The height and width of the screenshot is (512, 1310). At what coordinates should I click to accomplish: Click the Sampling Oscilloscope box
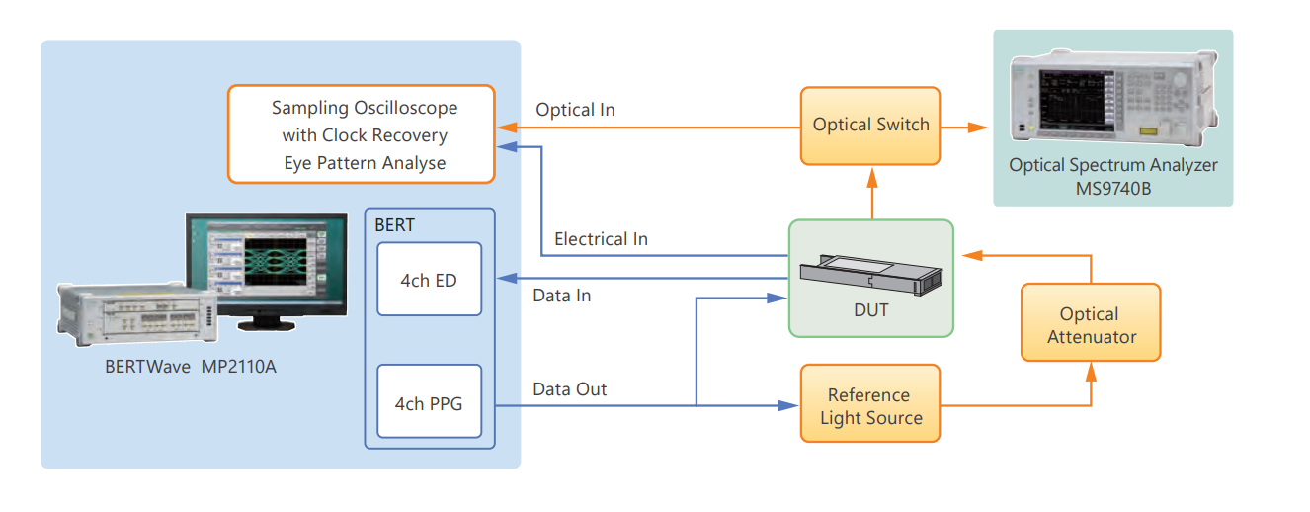(x=361, y=134)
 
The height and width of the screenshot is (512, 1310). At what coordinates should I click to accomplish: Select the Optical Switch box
(x=870, y=126)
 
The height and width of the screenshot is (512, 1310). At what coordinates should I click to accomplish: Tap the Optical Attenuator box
(x=1090, y=323)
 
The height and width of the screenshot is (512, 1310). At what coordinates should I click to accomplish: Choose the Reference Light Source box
(x=869, y=405)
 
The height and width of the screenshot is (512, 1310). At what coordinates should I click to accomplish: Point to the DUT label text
(x=870, y=310)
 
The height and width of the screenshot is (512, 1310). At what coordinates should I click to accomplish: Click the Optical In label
(x=575, y=110)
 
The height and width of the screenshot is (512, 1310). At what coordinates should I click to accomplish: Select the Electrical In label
(x=601, y=238)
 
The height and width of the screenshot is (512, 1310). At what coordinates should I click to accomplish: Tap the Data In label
(x=561, y=295)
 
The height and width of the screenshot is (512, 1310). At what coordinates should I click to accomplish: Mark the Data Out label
(x=569, y=389)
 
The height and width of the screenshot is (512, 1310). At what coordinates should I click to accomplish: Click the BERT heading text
(x=394, y=225)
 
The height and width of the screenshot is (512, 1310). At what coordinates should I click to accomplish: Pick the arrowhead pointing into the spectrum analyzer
(x=979, y=127)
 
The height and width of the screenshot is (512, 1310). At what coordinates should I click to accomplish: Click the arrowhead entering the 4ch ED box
(x=504, y=279)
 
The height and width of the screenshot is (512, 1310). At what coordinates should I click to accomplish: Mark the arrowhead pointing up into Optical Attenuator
(x=1091, y=370)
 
